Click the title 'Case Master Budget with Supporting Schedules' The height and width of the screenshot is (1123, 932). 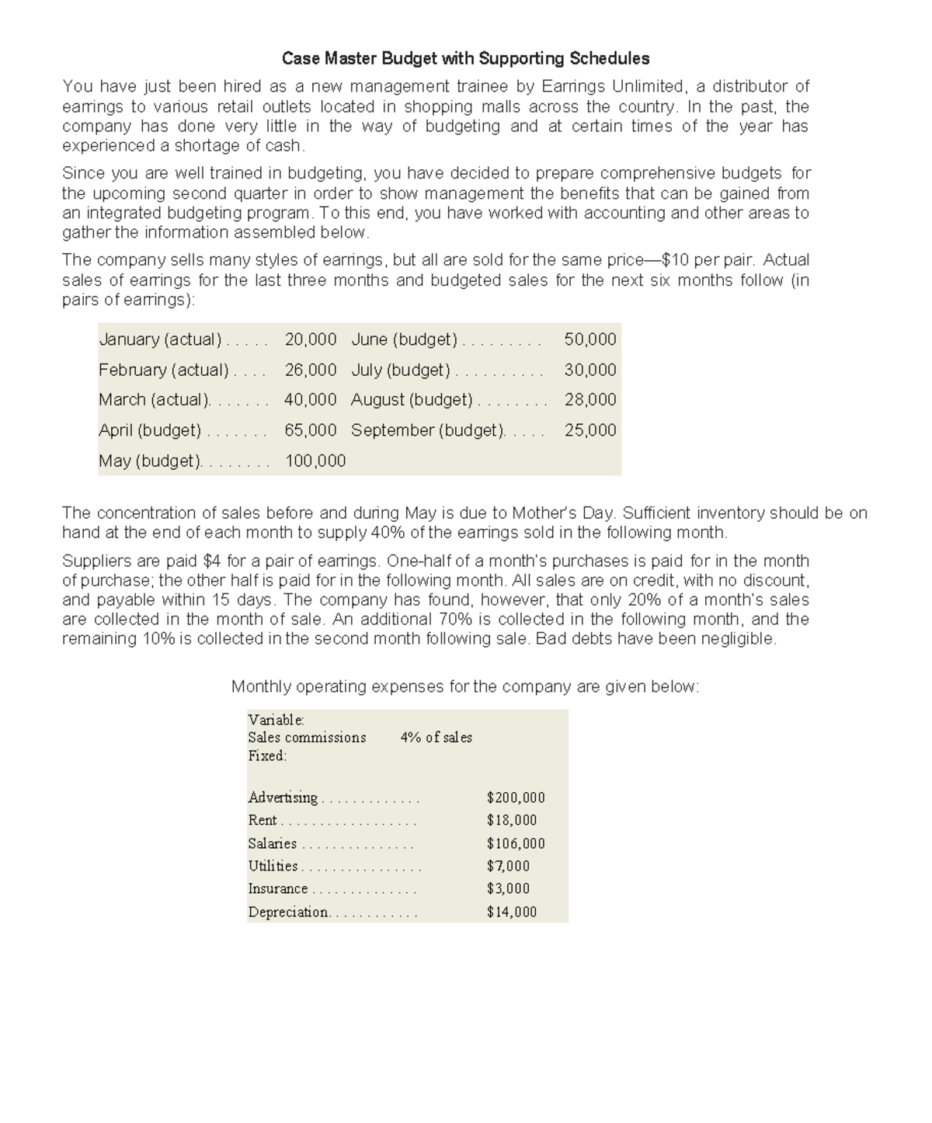point(465,58)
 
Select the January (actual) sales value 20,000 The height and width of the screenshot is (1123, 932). point(311,339)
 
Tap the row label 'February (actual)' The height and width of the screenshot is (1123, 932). point(163,370)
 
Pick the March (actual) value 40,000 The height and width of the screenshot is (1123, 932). point(311,400)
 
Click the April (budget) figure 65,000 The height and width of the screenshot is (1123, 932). point(311,430)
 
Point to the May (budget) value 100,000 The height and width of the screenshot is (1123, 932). point(315,461)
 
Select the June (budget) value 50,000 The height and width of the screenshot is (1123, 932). point(590,339)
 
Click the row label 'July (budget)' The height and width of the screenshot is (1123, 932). point(400,370)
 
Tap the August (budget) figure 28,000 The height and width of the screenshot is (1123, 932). point(590,400)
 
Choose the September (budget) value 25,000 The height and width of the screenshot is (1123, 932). point(590,430)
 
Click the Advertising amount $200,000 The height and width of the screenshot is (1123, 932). point(516,798)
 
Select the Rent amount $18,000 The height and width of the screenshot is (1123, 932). point(512,820)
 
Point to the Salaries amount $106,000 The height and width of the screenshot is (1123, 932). point(516,843)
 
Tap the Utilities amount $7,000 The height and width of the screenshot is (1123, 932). point(508,866)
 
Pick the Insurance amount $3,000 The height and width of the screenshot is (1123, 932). point(508,888)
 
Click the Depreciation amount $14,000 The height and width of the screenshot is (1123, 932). point(512,912)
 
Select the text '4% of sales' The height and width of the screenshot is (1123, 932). point(436,738)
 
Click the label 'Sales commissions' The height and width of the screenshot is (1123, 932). point(307,738)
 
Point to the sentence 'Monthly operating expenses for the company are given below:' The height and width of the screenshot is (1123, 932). point(465,687)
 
